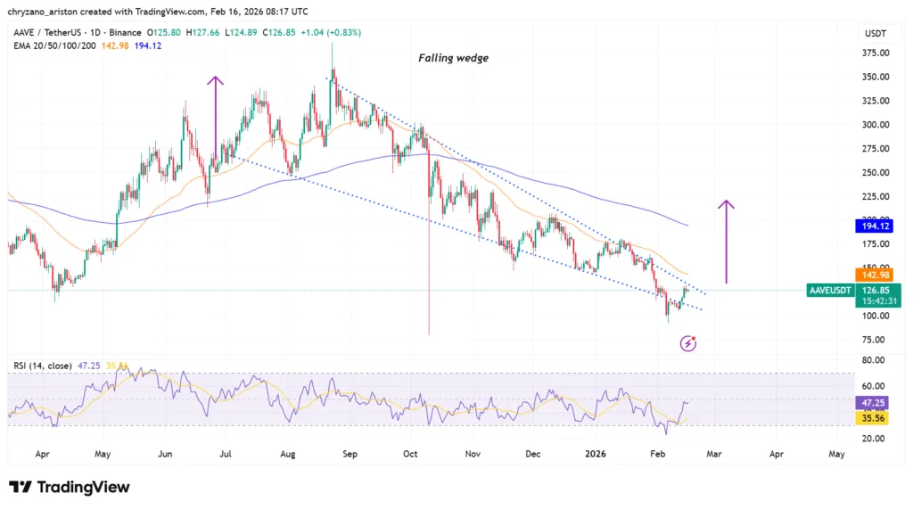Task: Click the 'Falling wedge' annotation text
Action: click(x=453, y=58)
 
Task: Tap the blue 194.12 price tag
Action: click(x=875, y=227)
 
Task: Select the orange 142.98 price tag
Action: click(x=875, y=276)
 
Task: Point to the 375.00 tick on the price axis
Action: click(x=874, y=53)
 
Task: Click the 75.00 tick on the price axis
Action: click(x=874, y=340)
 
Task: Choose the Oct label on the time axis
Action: click(x=410, y=454)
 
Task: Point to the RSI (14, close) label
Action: click(x=44, y=366)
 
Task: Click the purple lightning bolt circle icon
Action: click(x=688, y=342)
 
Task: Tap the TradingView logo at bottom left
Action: click(x=70, y=487)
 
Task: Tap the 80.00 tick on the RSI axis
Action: click(x=874, y=360)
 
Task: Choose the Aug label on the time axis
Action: click(x=287, y=454)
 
